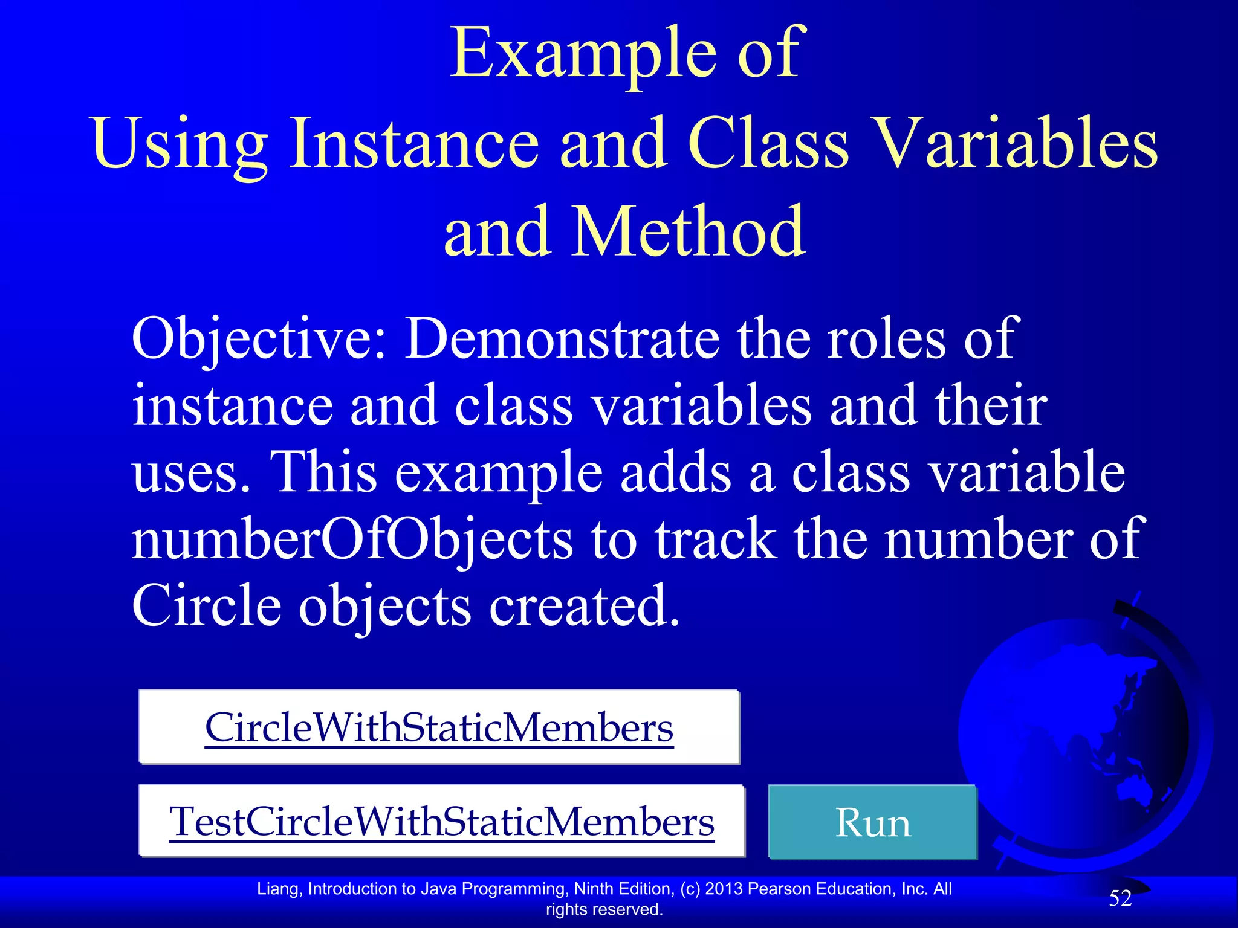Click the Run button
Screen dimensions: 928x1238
[x=872, y=822]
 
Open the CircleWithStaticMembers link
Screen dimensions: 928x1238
[x=439, y=727]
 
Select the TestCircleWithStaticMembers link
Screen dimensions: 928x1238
[x=442, y=822]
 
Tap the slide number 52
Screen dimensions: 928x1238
[x=1120, y=898]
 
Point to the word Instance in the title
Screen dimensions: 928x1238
[x=414, y=143]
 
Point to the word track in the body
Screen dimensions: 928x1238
[x=716, y=539]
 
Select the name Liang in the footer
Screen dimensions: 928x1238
[x=280, y=889]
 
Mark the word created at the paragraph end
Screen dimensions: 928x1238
[x=583, y=605]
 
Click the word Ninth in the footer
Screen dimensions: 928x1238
[x=595, y=889]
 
